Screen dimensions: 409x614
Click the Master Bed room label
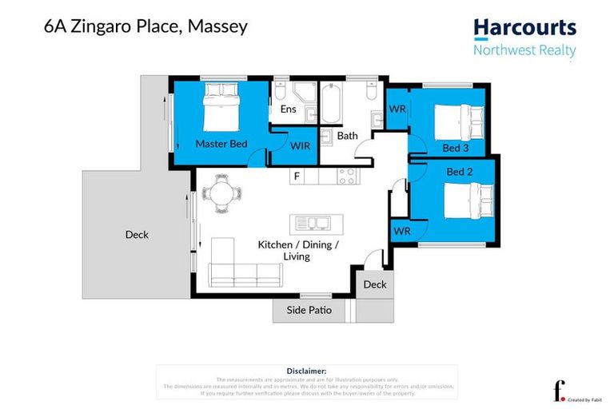pos(221,144)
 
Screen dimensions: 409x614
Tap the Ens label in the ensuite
pos(288,109)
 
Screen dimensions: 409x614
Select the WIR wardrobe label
pos(300,145)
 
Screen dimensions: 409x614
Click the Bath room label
pos(347,136)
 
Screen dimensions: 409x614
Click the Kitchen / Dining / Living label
pos(298,250)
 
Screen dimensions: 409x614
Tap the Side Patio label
pos(305,310)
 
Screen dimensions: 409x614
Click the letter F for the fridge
pos(297,175)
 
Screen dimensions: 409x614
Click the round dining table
pos(219,194)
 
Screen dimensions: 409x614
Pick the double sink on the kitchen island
pos(313,222)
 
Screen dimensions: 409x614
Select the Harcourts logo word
pos(524,28)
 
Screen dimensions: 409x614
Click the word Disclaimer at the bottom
pos(306,371)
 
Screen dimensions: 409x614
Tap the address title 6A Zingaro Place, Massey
pos(146,26)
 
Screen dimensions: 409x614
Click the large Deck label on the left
pos(137,235)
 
